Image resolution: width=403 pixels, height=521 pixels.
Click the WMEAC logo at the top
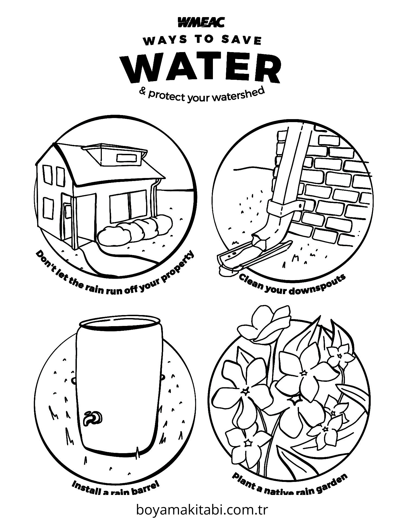[x=201, y=22]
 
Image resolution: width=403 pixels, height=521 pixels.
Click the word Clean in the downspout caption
[x=252, y=282]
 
